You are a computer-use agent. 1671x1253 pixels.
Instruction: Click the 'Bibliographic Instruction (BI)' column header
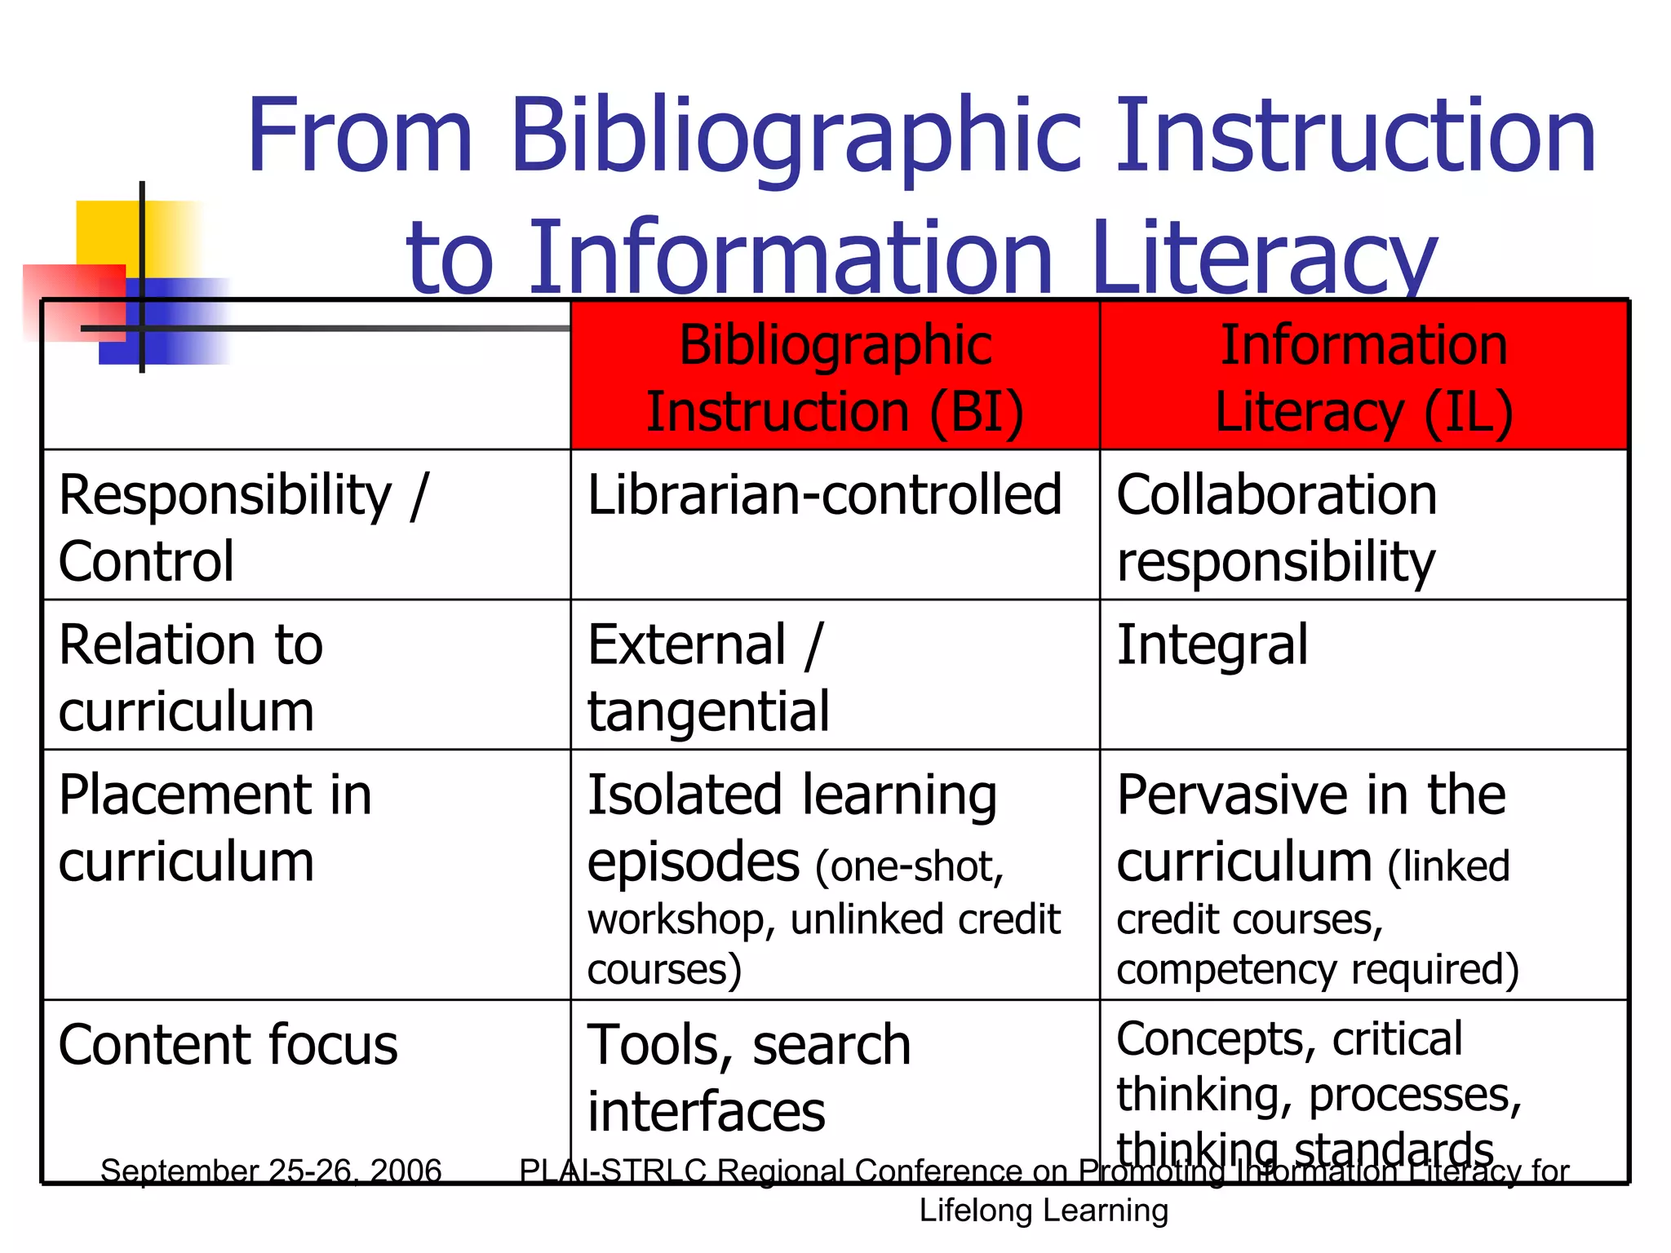click(x=835, y=377)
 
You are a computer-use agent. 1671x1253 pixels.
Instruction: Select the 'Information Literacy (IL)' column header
click(x=1363, y=377)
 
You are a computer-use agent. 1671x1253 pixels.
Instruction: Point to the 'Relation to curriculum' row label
click(x=191, y=677)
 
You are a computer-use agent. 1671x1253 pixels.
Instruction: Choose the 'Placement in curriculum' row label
click(x=215, y=827)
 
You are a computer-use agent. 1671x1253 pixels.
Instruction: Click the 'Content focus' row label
click(x=228, y=1045)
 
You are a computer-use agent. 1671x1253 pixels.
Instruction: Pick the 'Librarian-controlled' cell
click(x=824, y=494)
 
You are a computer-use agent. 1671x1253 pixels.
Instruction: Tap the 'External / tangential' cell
click(x=708, y=677)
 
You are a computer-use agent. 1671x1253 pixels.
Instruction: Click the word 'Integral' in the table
click(x=1212, y=645)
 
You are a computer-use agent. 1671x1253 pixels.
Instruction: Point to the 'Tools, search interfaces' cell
click(x=748, y=1078)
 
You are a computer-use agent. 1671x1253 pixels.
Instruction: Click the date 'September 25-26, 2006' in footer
click(x=271, y=1171)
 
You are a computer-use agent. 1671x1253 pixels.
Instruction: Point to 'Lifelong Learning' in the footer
click(x=1044, y=1211)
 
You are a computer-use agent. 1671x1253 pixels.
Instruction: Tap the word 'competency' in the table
click(x=1227, y=970)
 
